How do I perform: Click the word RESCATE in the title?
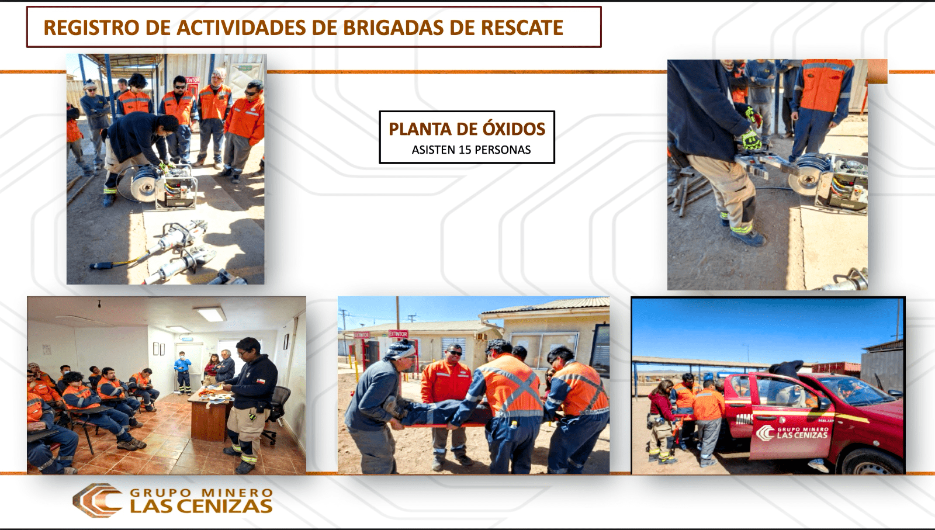[522, 28]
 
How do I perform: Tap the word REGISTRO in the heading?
[91, 28]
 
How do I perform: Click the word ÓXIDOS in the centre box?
[514, 129]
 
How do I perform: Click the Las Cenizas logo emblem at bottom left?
[97, 500]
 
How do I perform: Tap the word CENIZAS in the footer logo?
[226, 506]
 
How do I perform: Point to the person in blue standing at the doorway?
[182, 372]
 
